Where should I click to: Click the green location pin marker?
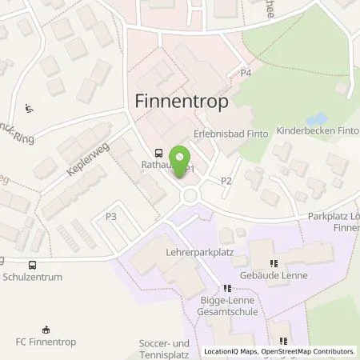(181, 156)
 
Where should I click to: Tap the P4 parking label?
(246, 74)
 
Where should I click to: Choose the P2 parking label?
(226, 180)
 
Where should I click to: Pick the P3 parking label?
(110, 216)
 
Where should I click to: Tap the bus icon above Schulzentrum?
(32, 266)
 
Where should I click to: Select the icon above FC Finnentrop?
(46, 328)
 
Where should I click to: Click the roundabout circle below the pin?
(190, 196)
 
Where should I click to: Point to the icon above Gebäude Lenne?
(274, 262)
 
